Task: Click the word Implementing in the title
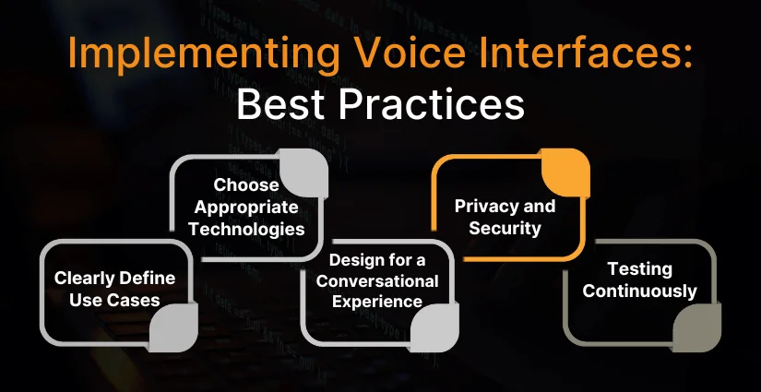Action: coord(203,54)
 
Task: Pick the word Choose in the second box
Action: coord(246,184)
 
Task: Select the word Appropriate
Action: coord(246,208)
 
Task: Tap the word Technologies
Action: coord(246,230)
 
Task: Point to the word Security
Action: coord(505,228)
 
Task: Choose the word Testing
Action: coord(639,269)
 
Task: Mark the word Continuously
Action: coord(639,291)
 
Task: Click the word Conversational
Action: coord(377,281)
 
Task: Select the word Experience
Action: coord(377,303)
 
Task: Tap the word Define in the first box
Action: coord(147,279)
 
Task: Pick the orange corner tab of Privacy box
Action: coord(565,172)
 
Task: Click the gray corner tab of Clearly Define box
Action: coord(173,327)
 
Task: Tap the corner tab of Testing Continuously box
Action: coord(697,327)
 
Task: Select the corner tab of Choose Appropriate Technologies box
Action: coord(303,172)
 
